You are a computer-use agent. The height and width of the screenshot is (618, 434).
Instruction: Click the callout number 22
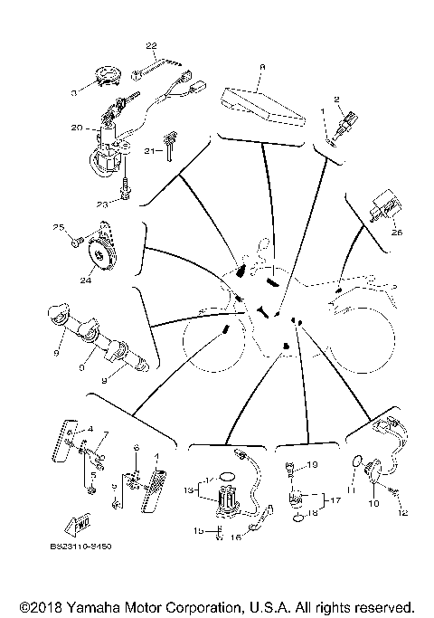[151, 45]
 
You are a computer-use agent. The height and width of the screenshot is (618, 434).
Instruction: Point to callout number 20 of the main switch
[77, 128]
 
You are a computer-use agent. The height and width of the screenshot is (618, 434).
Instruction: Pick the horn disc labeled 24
[104, 247]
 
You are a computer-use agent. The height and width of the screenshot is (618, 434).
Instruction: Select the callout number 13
[189, 490]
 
